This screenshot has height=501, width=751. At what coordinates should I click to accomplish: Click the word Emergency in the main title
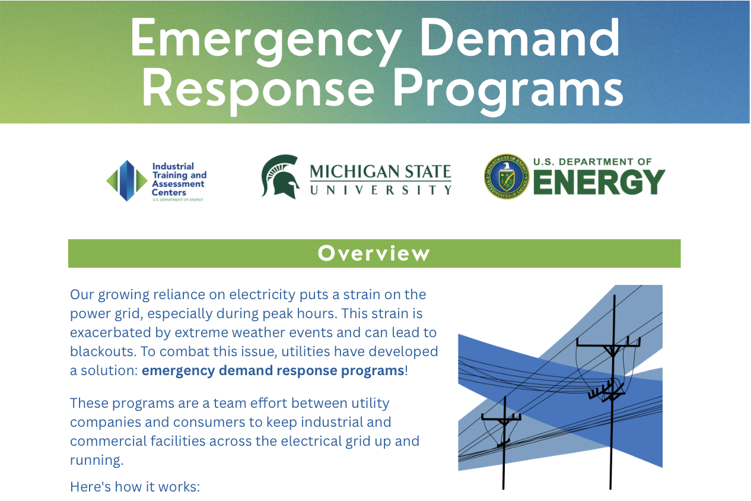[265, 39]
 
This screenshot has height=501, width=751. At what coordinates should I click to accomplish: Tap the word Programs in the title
[508, 89]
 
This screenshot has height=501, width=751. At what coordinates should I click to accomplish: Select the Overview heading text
[374, 253]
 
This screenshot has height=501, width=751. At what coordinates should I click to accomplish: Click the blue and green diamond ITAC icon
[126, 180]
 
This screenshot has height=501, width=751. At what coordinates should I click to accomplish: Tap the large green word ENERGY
[599, 182]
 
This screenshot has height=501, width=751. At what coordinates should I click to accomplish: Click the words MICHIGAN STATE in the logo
[380, 172]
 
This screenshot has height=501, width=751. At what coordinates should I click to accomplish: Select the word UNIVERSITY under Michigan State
[380, 190]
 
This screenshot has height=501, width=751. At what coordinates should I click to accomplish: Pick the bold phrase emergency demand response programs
[273, 371]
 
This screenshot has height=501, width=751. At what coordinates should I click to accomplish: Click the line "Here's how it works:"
[135, 487]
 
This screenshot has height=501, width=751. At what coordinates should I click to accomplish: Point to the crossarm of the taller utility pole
[609, 343]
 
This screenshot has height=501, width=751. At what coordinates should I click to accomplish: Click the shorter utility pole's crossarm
[501, 417]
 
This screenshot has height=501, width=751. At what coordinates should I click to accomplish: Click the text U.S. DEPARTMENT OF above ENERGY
[593, 161]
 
